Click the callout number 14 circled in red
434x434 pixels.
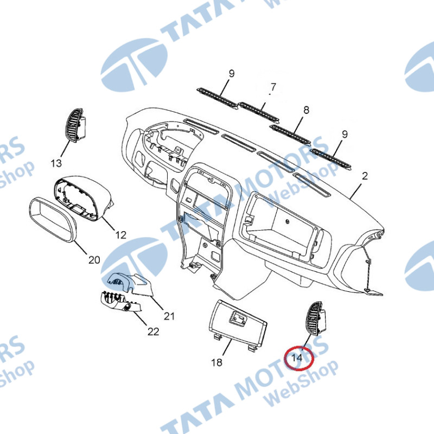pyautogui.click(x=297, y=358)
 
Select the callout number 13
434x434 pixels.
pyautogui.click(x=56, y=163)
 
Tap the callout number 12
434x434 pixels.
pyautogui.click(x=120, y=235)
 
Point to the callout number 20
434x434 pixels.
pyautogui.click(x=94, y=260)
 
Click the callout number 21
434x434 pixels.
pyautogui.click(x=169, y=316)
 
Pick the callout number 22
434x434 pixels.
pyautogui.click(x=154, y=331)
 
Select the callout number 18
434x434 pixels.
pyautogui.click(x=216, y=362)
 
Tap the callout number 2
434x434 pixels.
pyautogui.click(x=365, y=176)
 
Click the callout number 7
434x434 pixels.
pyautogui.click(x=273, y=87)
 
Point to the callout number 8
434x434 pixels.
pyautogui.click(x=306, y=110)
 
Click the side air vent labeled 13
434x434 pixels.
pyautogui.click(x=75, y=125)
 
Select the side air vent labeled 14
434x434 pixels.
pyautogui.click(x=315, y=318)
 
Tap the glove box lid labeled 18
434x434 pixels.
pyautogui.click(x=237, y=324)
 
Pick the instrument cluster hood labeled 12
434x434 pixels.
pyautogui.click(x=83, y=197)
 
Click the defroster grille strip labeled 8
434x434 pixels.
pyautogui.click(x=291, y=134)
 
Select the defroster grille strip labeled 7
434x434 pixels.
pyautogui.click(x=259, y=113)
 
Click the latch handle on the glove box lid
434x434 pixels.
pyautogui.click(x=237, y=317)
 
